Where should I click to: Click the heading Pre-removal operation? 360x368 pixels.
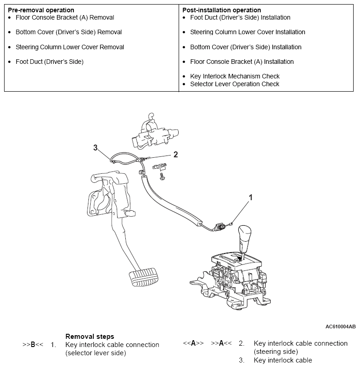(x=41, y=10)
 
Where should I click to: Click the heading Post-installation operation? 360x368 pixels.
(x=221, y=10)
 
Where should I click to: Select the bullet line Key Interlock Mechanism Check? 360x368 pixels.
(x=235, y=76)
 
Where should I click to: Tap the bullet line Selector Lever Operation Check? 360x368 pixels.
(x=235, y=84)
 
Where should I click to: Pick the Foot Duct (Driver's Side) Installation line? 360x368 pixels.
(x=240, y=17)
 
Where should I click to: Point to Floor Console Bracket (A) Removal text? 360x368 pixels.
(x=65, y=17)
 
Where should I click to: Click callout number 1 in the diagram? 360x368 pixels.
(x=250, y=197)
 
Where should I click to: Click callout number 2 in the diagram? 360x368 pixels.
(x=175, y=155)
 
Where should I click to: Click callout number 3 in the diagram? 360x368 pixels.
(x=95, y=147)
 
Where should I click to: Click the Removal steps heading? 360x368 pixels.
(x=90, y=337)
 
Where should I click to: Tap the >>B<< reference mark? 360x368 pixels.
(x=33, y=344)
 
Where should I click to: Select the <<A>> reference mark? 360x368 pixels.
(x=193, y=343)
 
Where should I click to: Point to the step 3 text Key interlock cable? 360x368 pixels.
(x=283, y=360)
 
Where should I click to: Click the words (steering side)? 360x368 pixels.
(x=276, y=352)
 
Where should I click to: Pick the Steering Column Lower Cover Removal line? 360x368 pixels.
(x=70, y=47)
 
